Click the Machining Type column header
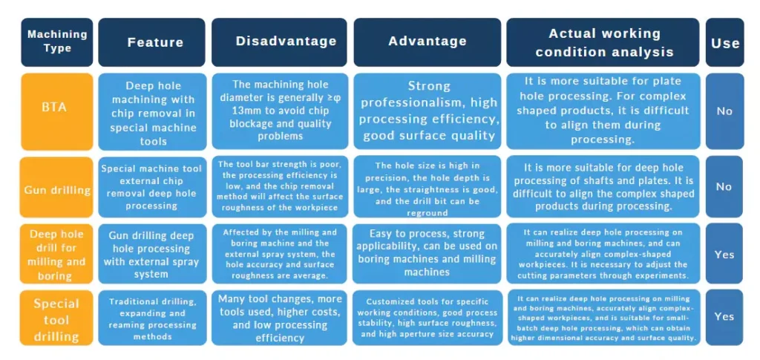point(56,42)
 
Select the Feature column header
point(151,42)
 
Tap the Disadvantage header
point(279,42)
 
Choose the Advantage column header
point(427,42)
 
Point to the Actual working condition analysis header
point(603,42)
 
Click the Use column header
point(724,42)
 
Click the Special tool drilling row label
point(56,318)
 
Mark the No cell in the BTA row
point(724,111)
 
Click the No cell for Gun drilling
point(724,186)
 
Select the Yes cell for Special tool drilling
point(724,317)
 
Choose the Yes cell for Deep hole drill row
point(724,254)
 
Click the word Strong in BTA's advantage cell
point(429,86)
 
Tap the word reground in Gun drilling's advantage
point(427,212)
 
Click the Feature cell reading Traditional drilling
point(151,318)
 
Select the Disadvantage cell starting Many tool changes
point(280,318)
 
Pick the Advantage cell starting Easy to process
point(427,253)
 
